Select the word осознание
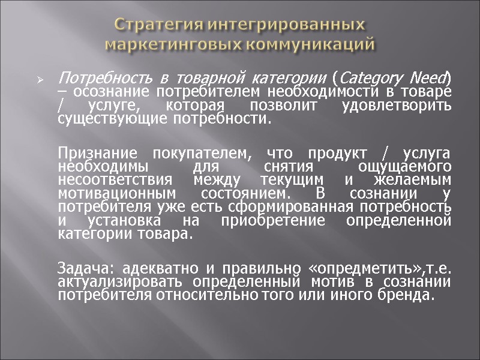coord(112,91)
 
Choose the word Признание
coord(94,153)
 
